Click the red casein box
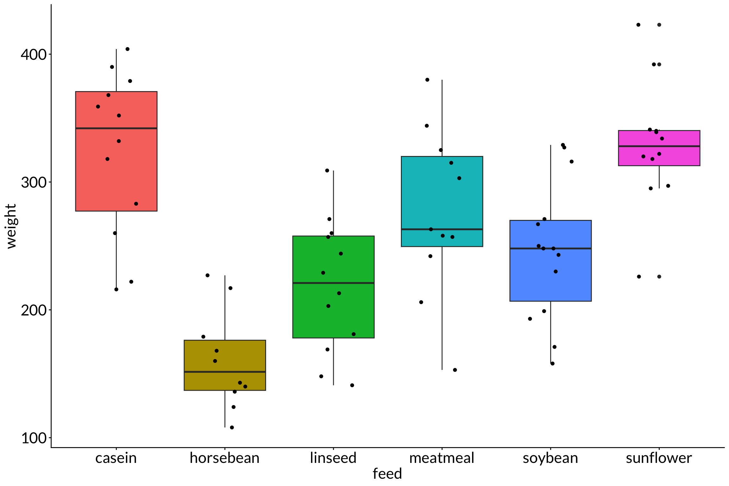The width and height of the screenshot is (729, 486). [x=95, y=177]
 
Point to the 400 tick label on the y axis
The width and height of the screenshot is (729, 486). [x=34, y=54]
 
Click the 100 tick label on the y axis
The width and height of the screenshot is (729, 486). [x=34, y=438]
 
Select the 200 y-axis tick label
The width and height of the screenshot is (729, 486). [x=34, y=310]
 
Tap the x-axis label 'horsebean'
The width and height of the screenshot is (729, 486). [x=225, y=458]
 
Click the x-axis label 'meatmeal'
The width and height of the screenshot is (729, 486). [x=442, y=458]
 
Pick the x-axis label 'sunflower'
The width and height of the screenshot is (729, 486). [x=659, y=458]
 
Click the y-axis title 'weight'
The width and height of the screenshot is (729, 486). [x=11, y=226]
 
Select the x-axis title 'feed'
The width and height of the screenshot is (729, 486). [x=387, y=474]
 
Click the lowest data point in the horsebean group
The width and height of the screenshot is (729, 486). [x=232, y=427]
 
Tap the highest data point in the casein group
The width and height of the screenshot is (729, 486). [x=128, y=49]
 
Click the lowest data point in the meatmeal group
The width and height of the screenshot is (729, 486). [x=455, y=370]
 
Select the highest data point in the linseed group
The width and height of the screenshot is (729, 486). [x=327, y=171]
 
